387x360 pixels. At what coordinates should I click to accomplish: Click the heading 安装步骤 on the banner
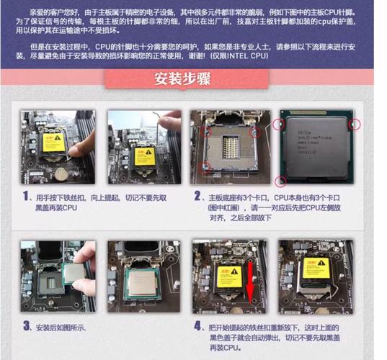pyautogui.click(x=193, y=79)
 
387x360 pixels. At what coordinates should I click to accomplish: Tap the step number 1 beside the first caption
pyautogui.click(x=25, y=196)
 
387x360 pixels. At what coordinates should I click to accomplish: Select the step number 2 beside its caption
pyautogui.click(x=197, y=196)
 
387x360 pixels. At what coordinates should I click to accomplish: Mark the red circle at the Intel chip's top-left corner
pyautogui.click(x=278, y=123)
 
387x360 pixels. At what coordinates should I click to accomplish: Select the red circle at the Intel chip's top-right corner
pyautogui.click(x=354, y=125)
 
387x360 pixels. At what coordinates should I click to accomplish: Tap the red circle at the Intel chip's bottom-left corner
pyautogui.click(x=281, y=180)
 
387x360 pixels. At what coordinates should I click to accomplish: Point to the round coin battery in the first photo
pyautogui.click(x=61, y=174)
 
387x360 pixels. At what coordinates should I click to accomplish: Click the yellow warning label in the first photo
pyautogui.click(x=53, y=142)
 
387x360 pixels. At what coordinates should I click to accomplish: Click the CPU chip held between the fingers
pyautogui.click(x=73, y=274)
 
